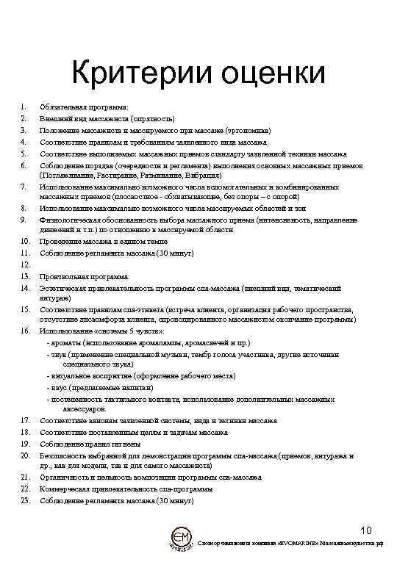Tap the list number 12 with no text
tap(24, 264)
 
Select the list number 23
tap(24, 500)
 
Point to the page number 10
tap(367, 530)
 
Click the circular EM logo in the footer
tap(181, 538)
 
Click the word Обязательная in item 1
tap(64, 107)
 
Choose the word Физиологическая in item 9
tap(70, 220)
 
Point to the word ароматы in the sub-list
tap(66, 343)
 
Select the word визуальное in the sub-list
tap(68, 375)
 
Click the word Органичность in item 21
tap(65, 477)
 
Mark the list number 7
tap(24, 187)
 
